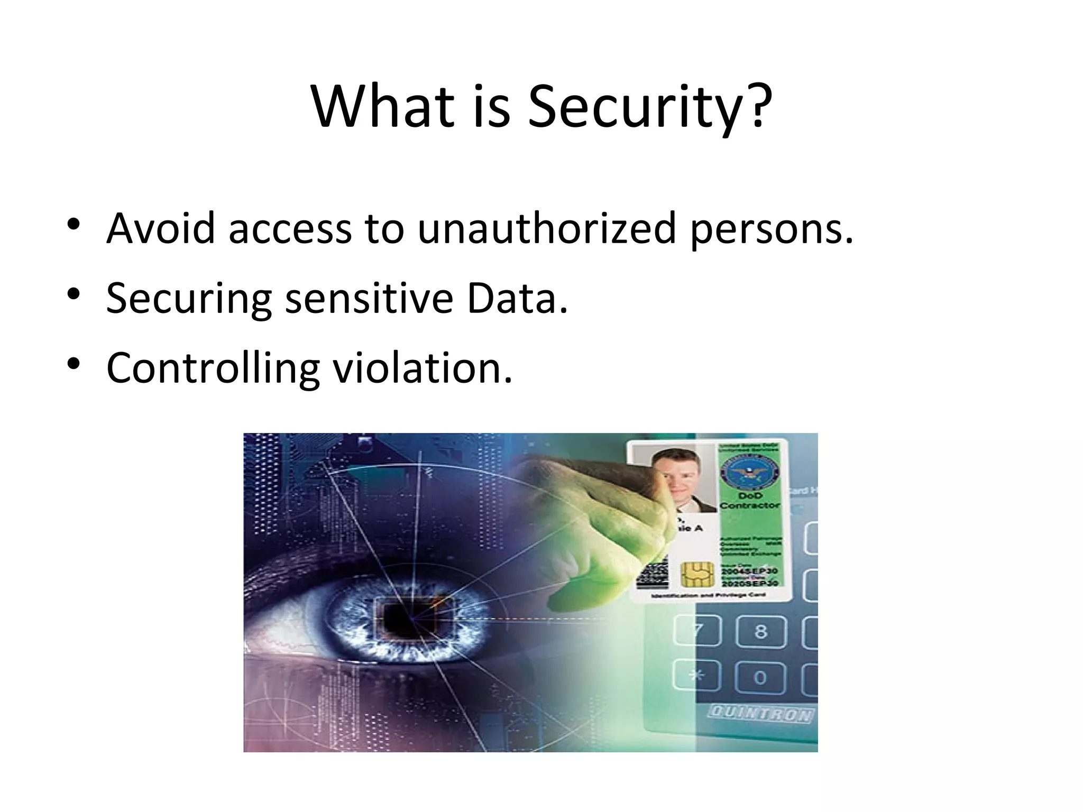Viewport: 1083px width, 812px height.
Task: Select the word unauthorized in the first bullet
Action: click(x=547, y=228)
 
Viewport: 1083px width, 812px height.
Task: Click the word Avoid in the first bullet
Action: click(x=161, y=228)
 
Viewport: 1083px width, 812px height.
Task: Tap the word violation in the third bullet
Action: click(x=422, y=368)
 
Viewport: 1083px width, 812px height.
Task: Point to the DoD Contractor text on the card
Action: click(x=750, y=501)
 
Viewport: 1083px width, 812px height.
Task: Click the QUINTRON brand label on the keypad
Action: click(x=760, y=714)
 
